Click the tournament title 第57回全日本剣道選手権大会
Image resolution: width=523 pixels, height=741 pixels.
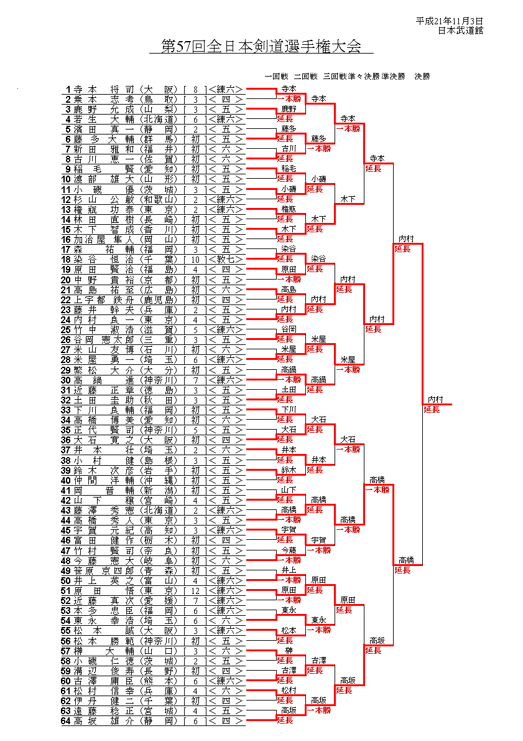point(261,47)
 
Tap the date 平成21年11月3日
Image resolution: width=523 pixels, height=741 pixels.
point(449,21)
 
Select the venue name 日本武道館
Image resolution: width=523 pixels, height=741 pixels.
point(460,30)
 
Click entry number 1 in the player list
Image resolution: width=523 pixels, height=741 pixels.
point(68,89)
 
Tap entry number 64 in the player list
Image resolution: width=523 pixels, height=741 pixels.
point(65,720)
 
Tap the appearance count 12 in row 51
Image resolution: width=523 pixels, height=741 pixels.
point(195,590)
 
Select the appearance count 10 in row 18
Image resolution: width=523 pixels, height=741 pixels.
point(195,259)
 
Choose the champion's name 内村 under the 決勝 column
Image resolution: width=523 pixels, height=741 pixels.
point(435,399)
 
